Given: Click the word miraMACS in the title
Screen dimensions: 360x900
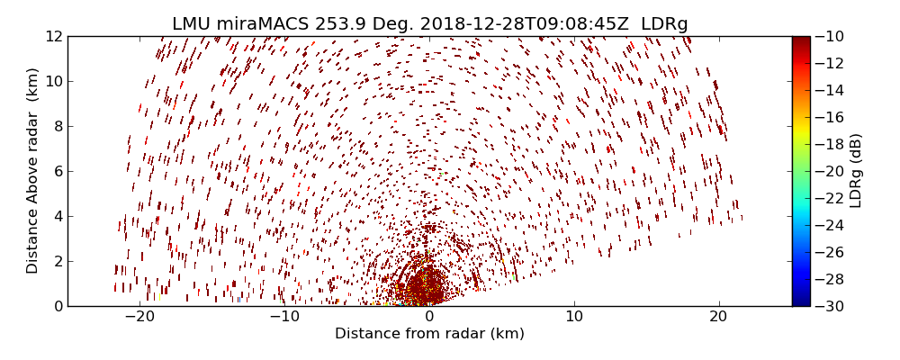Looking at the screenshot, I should (266, 24).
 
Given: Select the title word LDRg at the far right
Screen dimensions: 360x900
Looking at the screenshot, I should (664, 24).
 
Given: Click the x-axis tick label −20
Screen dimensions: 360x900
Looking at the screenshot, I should (139, 317).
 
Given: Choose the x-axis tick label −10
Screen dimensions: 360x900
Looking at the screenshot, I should (284, 317).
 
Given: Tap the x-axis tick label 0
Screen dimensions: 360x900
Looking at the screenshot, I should (429, 317).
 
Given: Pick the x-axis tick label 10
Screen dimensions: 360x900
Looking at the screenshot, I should (574, 317).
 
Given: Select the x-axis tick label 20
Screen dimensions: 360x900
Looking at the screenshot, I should (718, 317).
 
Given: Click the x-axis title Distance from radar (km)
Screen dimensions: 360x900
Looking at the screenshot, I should (429, 334).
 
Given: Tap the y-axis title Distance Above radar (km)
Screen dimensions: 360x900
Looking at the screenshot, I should (33, 171).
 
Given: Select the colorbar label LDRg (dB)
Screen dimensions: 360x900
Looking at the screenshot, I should (856, 171).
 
